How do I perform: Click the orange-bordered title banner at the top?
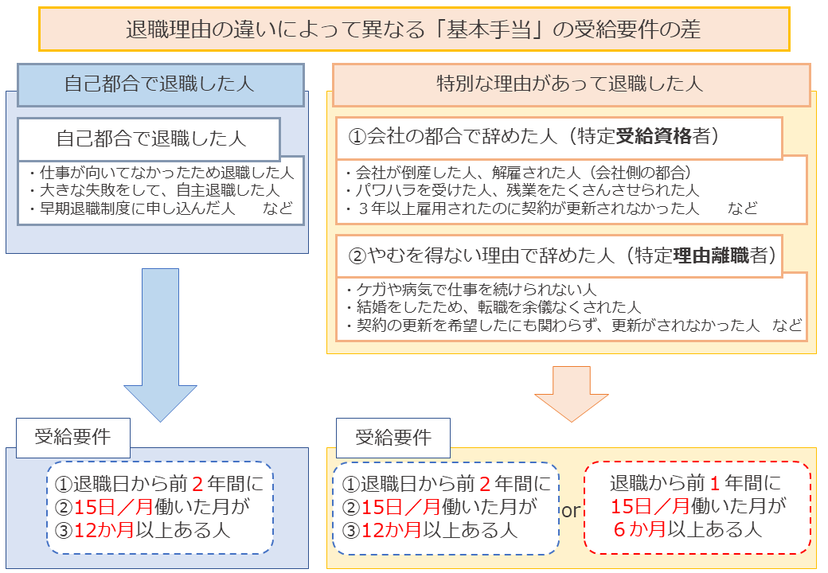pos(414,29)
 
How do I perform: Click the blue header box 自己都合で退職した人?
pos(161,85)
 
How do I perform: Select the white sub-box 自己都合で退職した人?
pos(149,139)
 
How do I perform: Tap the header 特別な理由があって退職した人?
pos(571,85)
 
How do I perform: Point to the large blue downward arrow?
pos(161,345)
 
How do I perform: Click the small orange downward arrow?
pos(572,394)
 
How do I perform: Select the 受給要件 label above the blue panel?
pos(73,438)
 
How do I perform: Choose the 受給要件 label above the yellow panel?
pos(393,438)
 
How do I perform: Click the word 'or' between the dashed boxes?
pos(571,511)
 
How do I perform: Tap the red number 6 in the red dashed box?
pos(619,529)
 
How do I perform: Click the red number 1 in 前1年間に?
pos(715,483)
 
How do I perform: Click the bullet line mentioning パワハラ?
pos(523,190)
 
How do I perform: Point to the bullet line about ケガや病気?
pos(471,289)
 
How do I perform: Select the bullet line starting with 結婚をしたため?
pos(494,307)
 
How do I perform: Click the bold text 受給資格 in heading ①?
pos(654,137)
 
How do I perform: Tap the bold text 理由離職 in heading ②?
pos(711,256)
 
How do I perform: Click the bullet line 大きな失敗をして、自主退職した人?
pos(154,190)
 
